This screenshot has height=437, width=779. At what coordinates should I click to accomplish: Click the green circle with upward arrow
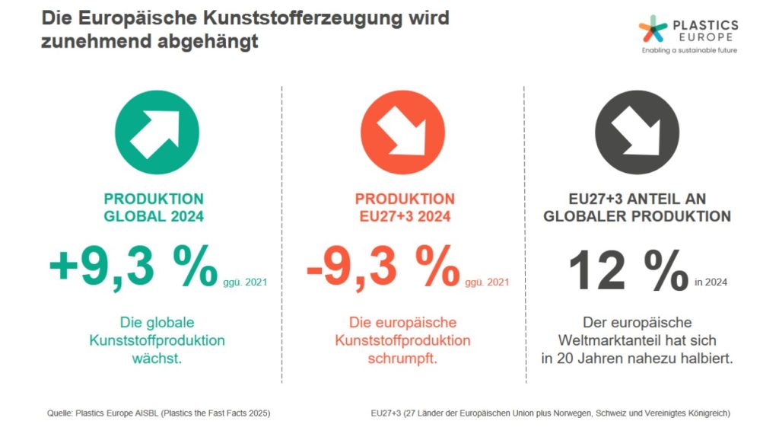(x=157, y=132)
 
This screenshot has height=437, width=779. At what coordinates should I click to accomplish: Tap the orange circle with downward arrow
(x=402, y=132)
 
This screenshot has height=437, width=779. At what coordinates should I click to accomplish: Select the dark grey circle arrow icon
(x=638, y=132)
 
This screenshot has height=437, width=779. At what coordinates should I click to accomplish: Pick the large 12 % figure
(x=628, y=268)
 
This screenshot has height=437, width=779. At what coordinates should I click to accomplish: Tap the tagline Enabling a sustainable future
(x=689, y=50)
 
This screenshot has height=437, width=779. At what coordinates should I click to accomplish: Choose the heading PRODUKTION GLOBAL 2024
(x=154, y=207)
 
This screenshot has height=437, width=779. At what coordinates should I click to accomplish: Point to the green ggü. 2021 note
(x=245, y=282)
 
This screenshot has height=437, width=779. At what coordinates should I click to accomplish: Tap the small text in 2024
(x=711, y=282)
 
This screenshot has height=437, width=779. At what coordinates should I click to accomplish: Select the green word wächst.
(x=157, y=358)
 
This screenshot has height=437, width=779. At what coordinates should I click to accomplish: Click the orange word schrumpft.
(x=402, y=358)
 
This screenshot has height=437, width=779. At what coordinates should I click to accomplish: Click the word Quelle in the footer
(x=59, y=413)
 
